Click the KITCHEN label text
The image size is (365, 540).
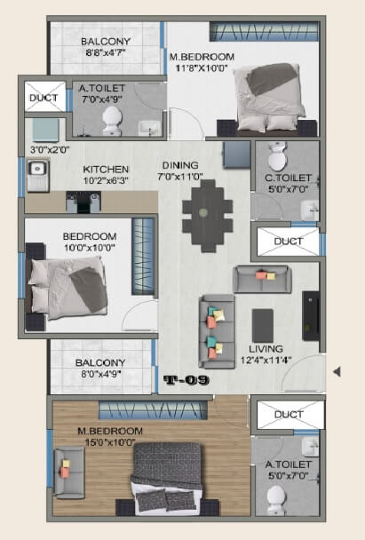coord(107,170)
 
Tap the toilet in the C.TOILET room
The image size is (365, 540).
coord(276,157)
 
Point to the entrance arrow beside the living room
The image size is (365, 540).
coord(337,371)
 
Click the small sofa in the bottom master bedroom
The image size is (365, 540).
coord(68,466)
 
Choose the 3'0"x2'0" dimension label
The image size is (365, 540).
coord(49,150)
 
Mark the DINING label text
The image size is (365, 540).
coord(180,164)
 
